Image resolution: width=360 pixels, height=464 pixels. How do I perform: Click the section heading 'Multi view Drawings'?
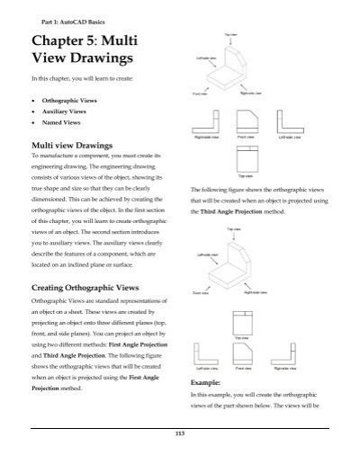(76, 144)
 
